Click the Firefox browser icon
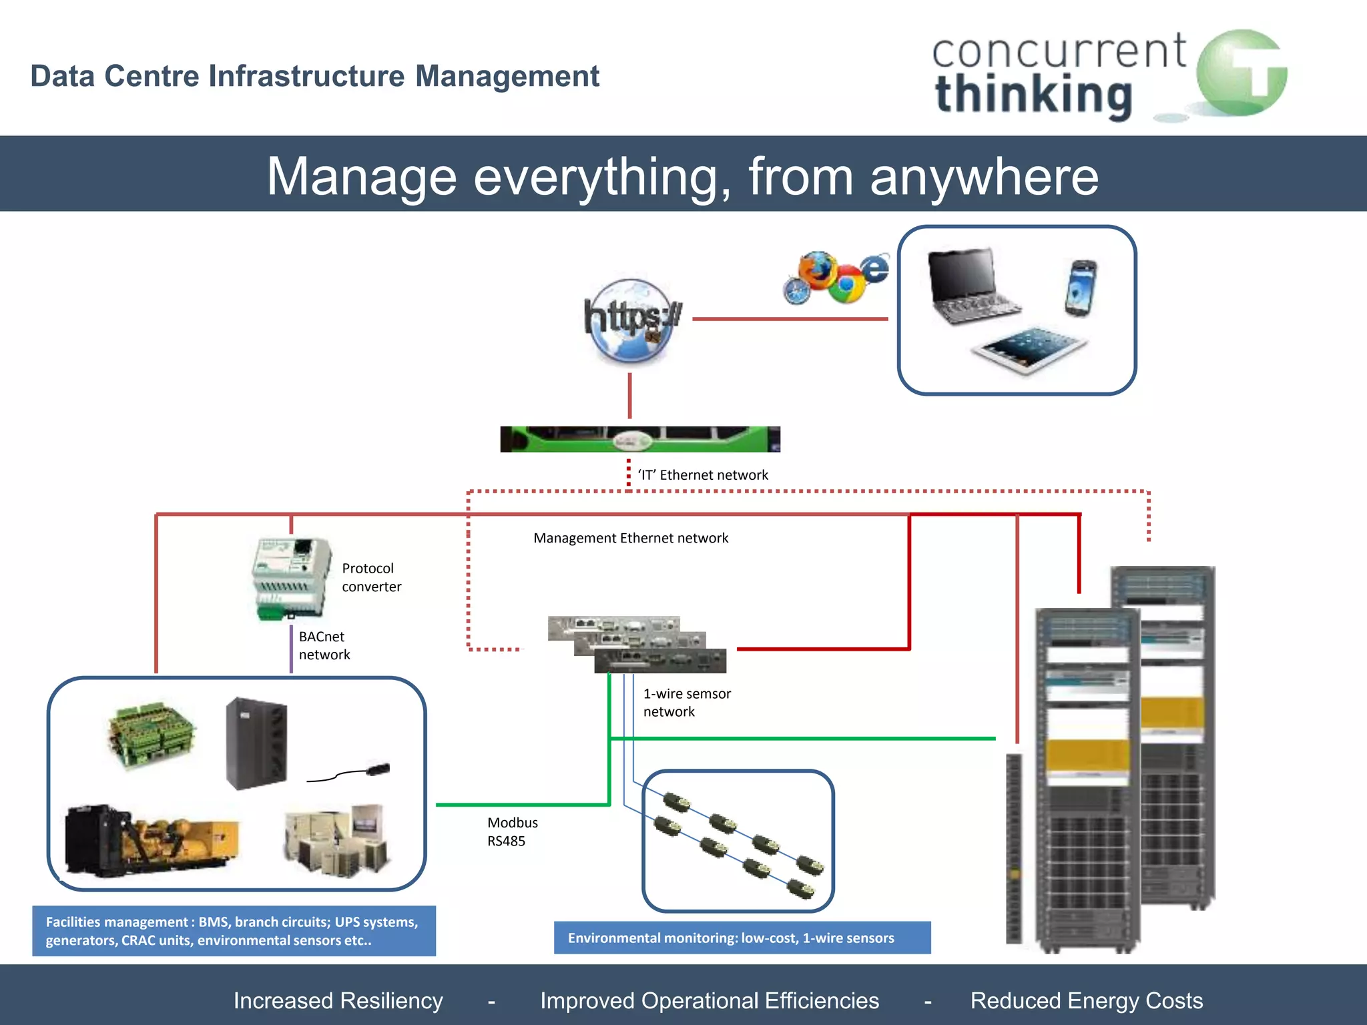817,270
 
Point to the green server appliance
639,439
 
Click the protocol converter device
292,578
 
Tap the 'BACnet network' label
324,645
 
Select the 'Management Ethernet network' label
631,538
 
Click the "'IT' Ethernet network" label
703,475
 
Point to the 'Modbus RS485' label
512,831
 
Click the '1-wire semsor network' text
686,703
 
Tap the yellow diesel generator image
151,841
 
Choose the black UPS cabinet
256,743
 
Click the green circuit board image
152,734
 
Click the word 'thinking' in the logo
1034,95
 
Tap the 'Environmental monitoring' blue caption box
742,938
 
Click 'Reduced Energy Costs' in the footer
1086,1000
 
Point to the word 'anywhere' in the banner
984,177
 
